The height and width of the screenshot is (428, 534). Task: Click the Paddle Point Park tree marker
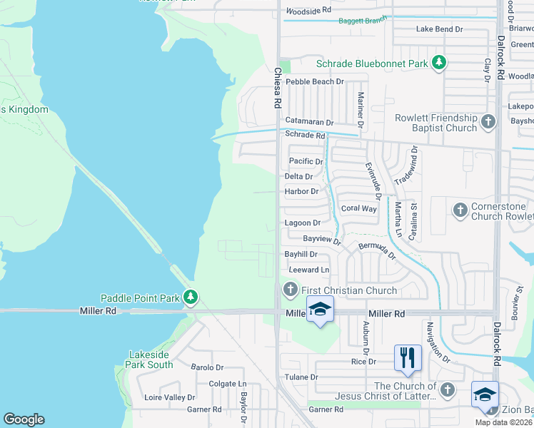189,296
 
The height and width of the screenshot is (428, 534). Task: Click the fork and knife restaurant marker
408,357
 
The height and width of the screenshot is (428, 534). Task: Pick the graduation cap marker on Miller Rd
321,310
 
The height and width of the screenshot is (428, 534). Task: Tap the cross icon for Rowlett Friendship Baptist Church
488,121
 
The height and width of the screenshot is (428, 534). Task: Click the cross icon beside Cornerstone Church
460,210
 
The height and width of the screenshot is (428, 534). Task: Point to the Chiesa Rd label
277,88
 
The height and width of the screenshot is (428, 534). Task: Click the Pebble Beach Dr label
315,82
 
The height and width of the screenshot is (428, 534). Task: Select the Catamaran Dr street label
309,122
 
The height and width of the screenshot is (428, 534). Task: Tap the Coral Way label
358,208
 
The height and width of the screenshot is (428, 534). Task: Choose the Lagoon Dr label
303,223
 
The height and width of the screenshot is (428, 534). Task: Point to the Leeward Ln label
309,270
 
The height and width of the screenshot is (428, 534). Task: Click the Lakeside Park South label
150,360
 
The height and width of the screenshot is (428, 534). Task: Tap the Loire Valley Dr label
169,397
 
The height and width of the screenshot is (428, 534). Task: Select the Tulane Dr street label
303,377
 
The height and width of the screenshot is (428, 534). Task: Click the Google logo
24,419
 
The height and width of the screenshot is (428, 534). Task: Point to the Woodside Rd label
308,11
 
